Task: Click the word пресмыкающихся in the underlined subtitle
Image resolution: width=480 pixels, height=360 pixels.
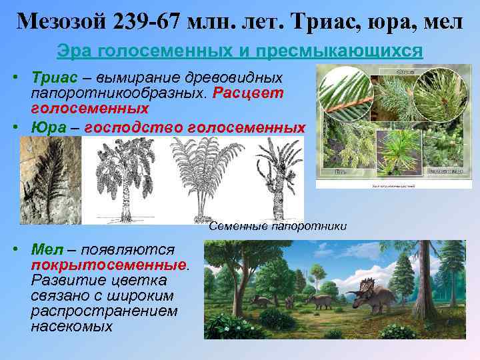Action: pos(352,51)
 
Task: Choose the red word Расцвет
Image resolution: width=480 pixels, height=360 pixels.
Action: pos(248,93)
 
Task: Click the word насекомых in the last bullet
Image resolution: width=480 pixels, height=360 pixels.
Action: pos(71,327)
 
